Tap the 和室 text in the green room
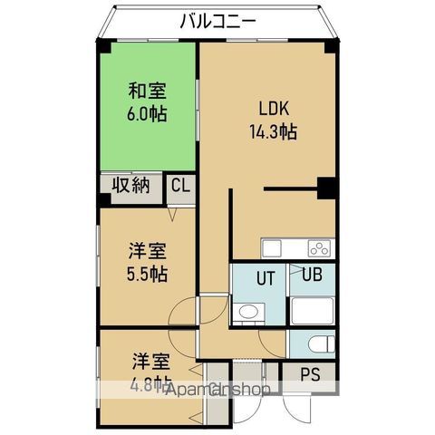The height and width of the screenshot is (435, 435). tap(147, 91)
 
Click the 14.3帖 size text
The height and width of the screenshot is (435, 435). tap(273, 131)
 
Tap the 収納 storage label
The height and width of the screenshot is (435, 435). tap(131, 186)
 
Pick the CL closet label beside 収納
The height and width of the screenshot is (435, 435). tap(181, 187)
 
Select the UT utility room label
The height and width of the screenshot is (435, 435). tap(264, 277)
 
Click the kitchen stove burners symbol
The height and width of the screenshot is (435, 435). tap(321, 248)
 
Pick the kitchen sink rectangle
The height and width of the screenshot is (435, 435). tap(274, 248)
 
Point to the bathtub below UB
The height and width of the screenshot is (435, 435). tap(313, 311)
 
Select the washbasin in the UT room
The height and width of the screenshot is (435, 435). tap(246, 314)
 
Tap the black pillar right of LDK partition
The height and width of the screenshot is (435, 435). tap(327, 188)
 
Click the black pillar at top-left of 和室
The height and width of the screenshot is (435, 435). tap(104, 47)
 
